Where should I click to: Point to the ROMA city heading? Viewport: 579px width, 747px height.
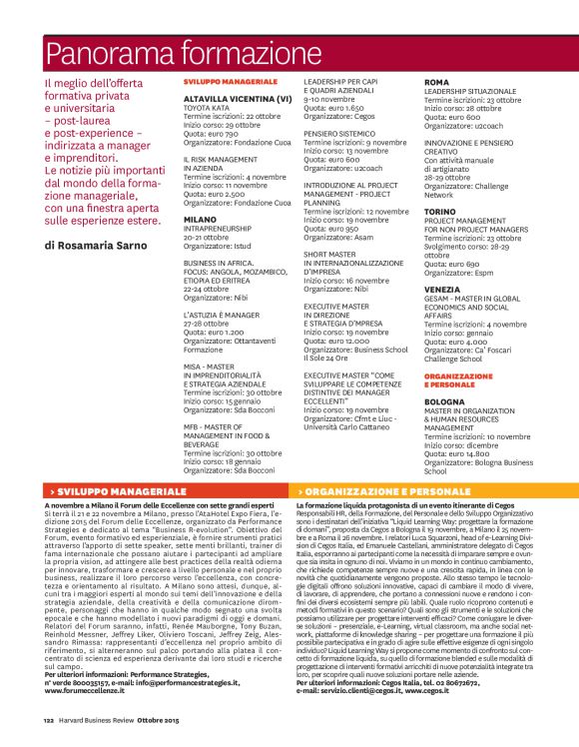436,82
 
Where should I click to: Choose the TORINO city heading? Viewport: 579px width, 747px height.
440,212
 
